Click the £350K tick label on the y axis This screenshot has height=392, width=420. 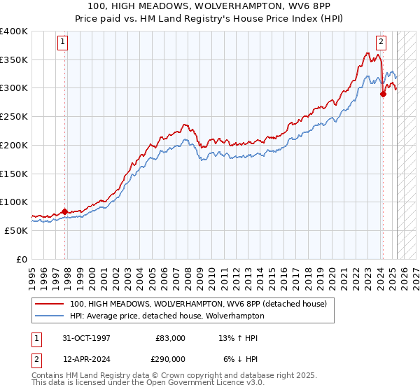[14, 60]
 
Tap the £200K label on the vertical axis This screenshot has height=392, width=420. [14, 145]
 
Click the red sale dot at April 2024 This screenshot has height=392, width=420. [383, 94]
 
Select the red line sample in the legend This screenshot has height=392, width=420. [50, 304]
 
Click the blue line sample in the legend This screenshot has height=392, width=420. [50, 316]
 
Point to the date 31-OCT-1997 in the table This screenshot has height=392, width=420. [86, 338]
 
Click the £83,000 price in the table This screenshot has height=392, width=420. [170, 338]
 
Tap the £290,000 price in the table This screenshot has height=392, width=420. [170, 358]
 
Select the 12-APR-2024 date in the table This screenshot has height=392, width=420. [86, 358]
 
